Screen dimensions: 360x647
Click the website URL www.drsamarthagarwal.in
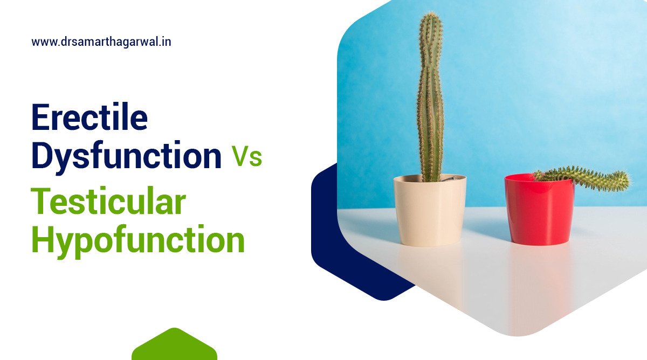pos(101,41)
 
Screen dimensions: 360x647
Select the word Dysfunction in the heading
pos(126,155)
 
